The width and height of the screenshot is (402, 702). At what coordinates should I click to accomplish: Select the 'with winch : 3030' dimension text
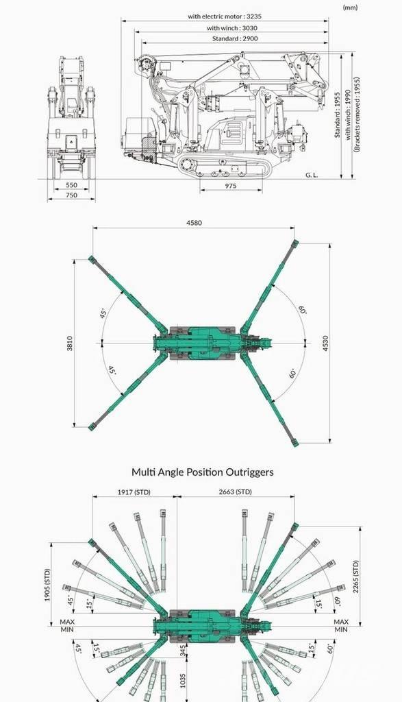(x=231, y=27)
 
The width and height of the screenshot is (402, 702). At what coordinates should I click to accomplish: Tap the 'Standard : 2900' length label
(x=235, y=38)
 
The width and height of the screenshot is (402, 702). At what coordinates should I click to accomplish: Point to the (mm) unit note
(x=350, y=8)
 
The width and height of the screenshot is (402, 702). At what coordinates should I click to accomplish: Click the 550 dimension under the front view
(x=71, y=184)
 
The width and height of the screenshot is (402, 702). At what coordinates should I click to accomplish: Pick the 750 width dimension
(x=71, y=195)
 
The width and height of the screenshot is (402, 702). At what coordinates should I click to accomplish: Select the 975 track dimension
(x=231, y=186)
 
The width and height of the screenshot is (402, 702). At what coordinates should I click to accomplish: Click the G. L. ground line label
(x=312, y=175)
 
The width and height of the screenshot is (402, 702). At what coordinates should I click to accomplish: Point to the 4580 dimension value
(x=193, y=223)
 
